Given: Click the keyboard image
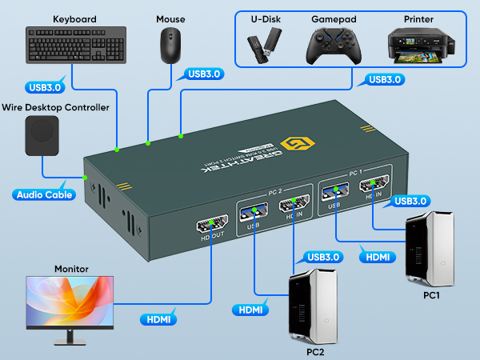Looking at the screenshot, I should tap(74, 45).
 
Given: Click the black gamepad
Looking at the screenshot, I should tap(332, 46).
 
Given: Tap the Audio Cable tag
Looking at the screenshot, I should tap(46, 194).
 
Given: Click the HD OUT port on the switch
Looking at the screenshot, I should tap(212, 229).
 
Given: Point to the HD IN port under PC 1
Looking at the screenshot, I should tap(377, 190).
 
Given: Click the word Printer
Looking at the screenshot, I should tap(419, 18).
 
